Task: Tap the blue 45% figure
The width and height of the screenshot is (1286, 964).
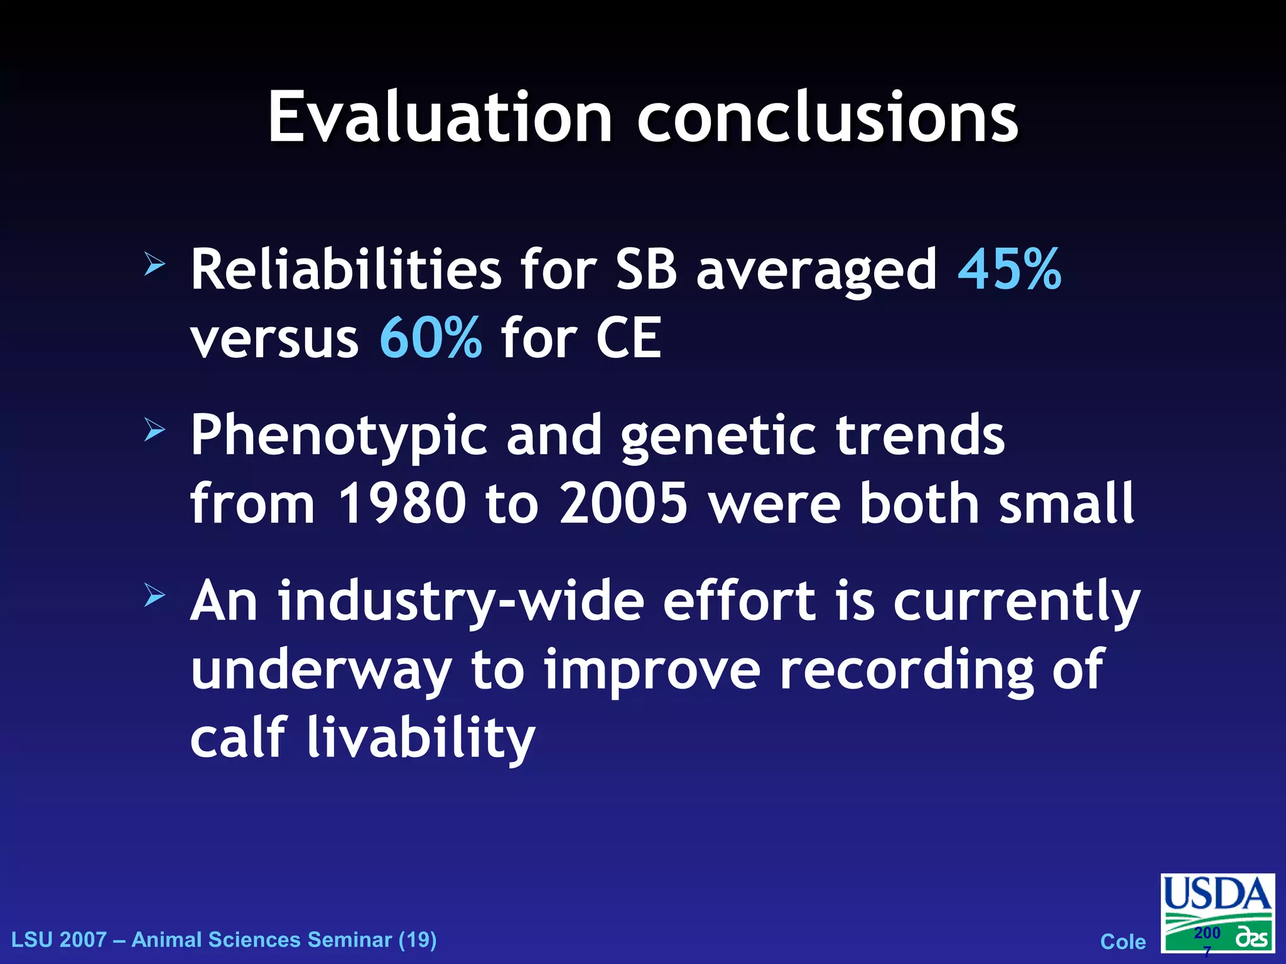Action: (1009, 270)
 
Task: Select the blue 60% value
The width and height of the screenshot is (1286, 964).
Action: (431, 338)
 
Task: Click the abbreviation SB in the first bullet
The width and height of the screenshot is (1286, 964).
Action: (646, 270)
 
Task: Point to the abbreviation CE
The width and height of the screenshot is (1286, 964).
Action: (629, 338)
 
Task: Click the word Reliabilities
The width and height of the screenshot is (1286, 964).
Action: (346, 270)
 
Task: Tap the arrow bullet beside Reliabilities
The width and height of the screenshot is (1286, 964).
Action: (154, 264)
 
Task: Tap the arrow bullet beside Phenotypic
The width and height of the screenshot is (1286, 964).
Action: (154, 430)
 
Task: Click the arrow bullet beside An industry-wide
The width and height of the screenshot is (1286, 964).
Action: (154, 595)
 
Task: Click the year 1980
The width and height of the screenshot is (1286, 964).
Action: (402, 503)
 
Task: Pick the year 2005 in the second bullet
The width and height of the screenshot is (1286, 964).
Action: (624, 503)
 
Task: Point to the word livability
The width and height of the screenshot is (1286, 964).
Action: (421, 737)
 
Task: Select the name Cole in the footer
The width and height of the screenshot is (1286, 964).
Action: (1123, 942)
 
